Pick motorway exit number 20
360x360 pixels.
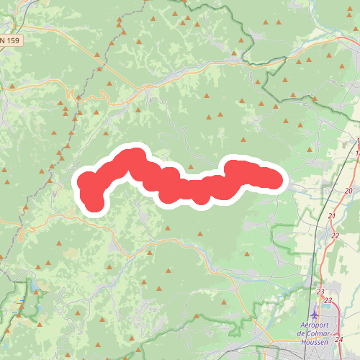point(348,190)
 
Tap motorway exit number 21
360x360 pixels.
point(332,216)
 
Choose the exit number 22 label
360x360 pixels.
point(336,235)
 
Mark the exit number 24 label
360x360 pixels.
point(338,338)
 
